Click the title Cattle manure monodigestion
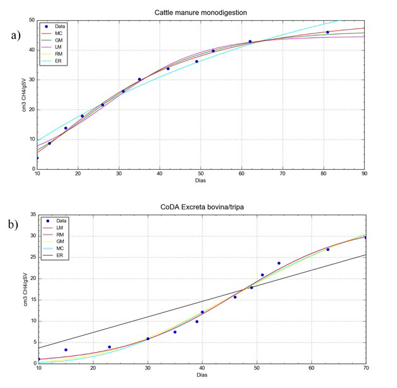200,13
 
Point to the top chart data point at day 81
328,32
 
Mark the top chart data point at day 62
250,42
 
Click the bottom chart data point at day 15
66,350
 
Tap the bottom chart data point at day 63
328,249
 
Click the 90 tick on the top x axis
364,174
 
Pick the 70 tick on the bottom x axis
364,368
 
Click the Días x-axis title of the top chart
200,181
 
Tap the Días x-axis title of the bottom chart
200,375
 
